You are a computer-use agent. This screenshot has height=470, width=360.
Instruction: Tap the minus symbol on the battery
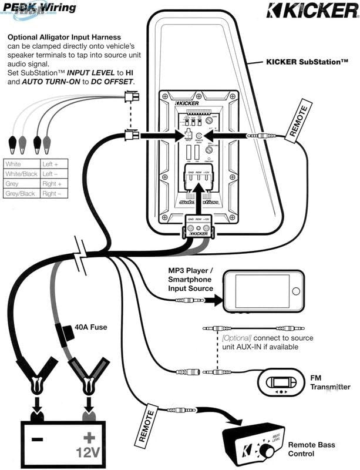(37, 439)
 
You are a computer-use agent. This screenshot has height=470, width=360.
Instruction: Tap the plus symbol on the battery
(89, 438)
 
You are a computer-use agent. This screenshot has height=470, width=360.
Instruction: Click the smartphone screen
(261, 291)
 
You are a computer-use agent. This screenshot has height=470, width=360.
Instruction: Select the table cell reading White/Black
(21, 174)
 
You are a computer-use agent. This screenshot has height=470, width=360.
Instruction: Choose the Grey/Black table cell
(21, 193)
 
